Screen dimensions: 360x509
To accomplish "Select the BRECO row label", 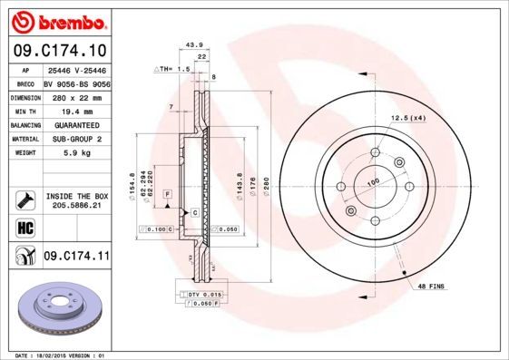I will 26,83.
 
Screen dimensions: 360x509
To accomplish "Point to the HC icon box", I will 24,227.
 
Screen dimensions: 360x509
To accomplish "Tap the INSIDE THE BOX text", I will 76,196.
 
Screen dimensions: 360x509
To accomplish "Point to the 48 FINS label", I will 429,287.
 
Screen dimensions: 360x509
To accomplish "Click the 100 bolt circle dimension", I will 372,182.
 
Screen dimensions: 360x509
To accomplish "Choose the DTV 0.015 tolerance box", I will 205,295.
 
